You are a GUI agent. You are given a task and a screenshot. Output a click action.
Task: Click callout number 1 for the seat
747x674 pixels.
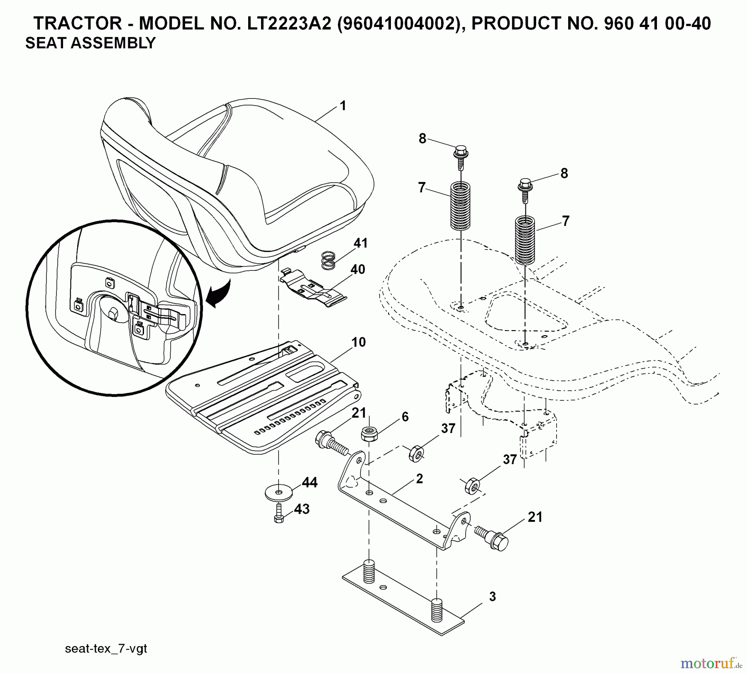click(343, 106)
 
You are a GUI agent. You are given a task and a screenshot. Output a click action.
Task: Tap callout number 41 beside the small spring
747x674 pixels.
click(361, 243)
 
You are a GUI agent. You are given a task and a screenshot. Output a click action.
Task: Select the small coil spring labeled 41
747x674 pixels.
click(328, 260)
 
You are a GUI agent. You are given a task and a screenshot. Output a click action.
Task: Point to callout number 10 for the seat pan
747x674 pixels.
click(359, 342)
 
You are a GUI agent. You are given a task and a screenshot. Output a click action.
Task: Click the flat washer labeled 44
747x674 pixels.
click(278, 493)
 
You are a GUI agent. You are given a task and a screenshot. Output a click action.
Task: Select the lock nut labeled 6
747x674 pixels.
click(369, 434)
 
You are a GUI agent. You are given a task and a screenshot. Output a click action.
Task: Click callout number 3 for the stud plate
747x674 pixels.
click(492, 597)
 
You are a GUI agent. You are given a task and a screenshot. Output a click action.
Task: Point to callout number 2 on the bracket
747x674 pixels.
click(419, 479)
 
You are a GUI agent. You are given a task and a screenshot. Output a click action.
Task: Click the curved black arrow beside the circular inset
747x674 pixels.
click(219, 294)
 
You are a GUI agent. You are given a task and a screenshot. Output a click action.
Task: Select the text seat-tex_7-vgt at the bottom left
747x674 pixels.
click(106, 649)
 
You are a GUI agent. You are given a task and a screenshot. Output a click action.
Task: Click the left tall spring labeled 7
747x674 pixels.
click(460, 206)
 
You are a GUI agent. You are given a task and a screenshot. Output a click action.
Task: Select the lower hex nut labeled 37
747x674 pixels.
click(472, 485)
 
